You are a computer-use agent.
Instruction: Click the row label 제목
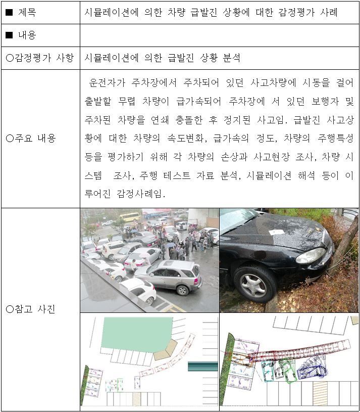click(27, 12)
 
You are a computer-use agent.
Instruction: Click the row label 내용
click(27, 35)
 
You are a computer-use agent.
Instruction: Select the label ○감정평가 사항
click(39, 58)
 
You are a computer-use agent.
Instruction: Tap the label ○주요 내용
click(31, 138)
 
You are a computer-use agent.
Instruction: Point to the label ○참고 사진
click(31, 309)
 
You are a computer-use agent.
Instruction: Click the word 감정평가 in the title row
click(296, 12)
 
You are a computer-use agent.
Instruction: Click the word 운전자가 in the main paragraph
click(107, 82)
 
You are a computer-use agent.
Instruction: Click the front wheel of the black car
click(254, 285)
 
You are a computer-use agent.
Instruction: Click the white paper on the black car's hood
click(276, 232)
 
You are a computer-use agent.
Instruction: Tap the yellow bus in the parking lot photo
click(130, 217)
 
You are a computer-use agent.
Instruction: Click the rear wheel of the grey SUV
click(182, 290)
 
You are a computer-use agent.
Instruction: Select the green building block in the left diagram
click(136, 334)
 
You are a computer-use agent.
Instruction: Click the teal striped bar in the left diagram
click(203, 367)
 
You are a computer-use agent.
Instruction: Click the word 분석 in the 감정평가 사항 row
click(232, 58)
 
